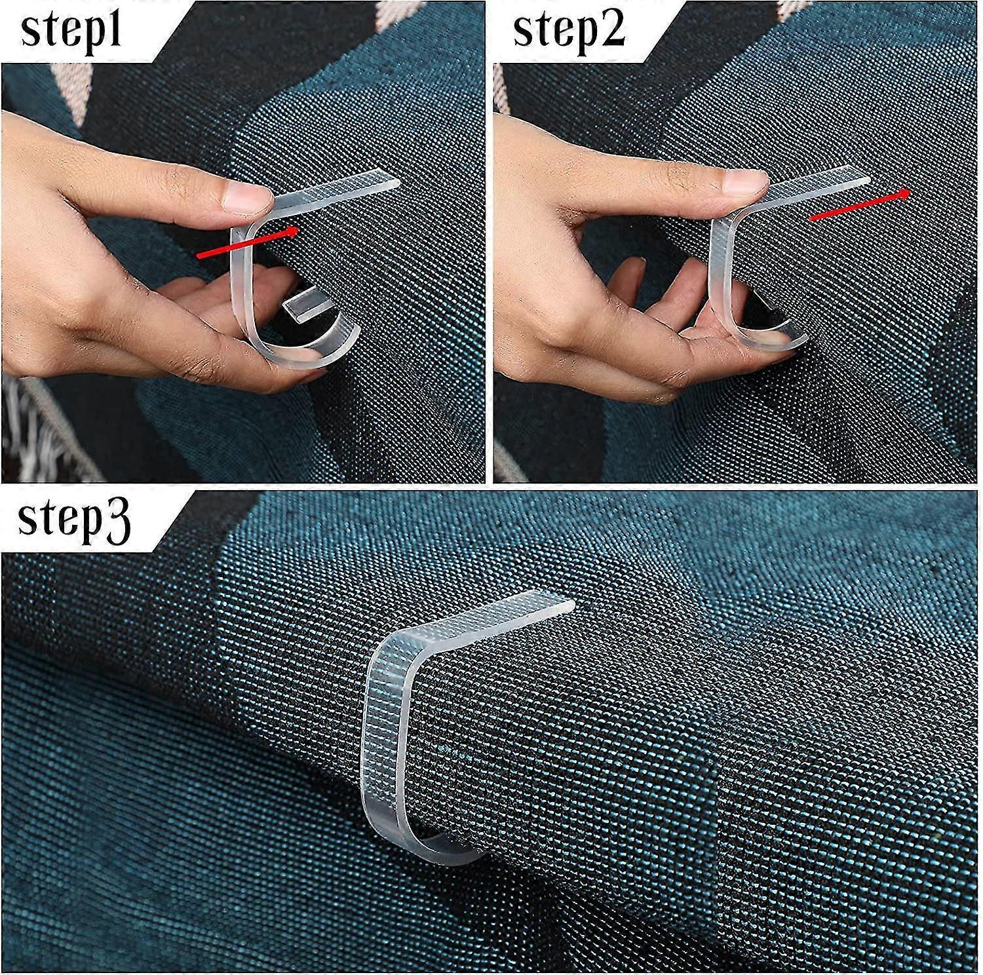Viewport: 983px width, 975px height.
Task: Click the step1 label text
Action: [x=72, y=29]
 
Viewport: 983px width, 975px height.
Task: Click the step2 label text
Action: [x=569, y=29]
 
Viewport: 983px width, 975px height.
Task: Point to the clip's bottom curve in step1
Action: [x=288, y=354]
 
